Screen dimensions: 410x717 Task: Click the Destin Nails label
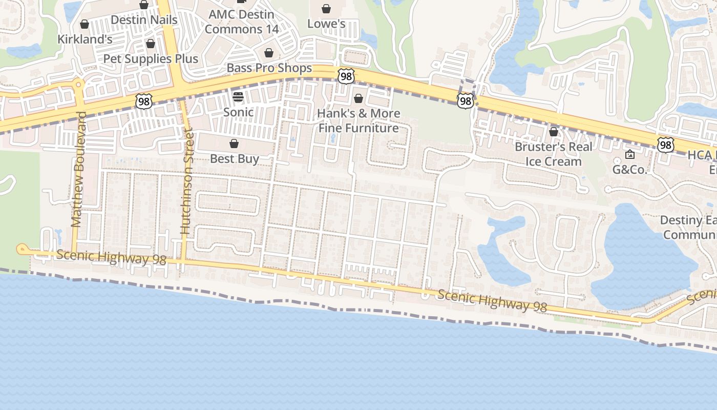[144, 20]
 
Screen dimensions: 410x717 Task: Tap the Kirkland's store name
[85, 39]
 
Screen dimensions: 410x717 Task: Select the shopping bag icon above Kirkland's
[85, 24]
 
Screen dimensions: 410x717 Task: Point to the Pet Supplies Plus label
[151, 59]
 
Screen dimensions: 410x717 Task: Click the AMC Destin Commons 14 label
[242, 22]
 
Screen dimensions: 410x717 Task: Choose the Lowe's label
[326, 24]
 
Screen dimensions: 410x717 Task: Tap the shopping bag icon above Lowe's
[326, 9]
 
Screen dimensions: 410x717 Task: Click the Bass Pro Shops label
[269, 68]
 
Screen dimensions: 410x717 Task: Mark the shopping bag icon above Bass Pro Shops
[269, 53]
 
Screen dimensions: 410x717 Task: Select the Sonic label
[238, 112]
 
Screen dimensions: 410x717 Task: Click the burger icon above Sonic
[238, 96]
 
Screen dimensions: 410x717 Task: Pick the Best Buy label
[234, 159]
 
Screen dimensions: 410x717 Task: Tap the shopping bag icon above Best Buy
[234, 143]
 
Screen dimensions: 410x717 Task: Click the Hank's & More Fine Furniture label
[358, 120]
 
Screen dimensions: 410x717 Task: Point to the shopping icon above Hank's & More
[358, 98]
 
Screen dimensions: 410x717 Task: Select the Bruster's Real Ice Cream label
[554, 154]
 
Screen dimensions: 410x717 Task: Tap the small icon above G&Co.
[630, 154]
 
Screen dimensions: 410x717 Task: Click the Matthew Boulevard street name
[77, 169]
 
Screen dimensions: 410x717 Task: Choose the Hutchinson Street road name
[187, 183]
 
